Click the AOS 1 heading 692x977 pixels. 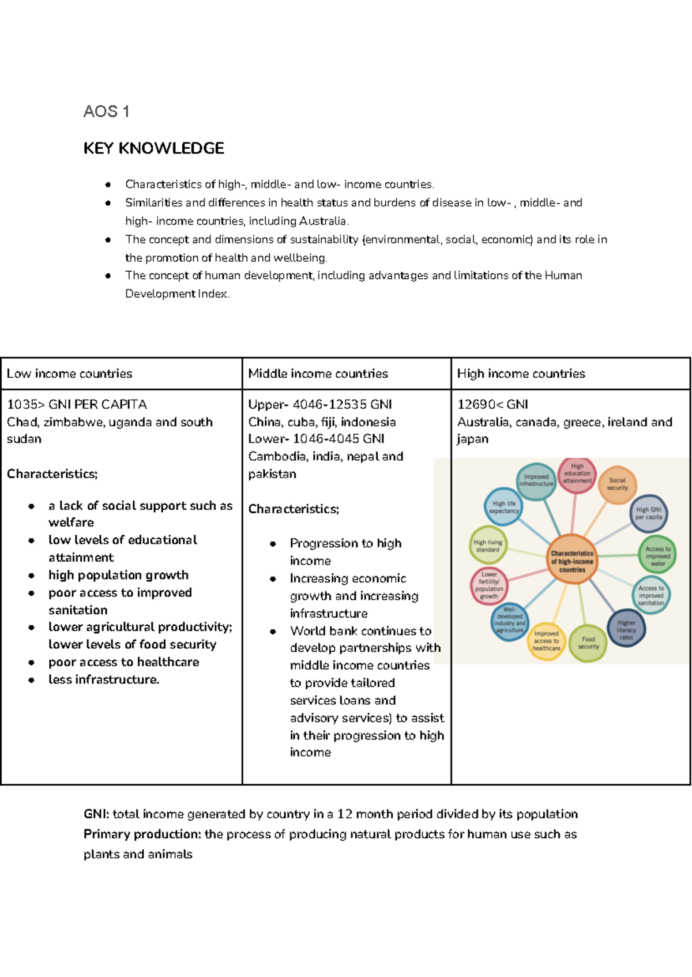click(106, 111)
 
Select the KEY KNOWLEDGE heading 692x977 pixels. click(153, 148)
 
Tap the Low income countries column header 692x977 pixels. click(69, 374)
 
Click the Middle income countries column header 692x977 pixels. click(318, 374)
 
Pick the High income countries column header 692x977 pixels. click(521, 374)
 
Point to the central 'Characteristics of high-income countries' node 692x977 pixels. click(571, 561)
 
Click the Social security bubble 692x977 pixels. click(617, 484)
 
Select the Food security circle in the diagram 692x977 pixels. click(588, 643)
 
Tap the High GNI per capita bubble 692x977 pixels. click(649, 513)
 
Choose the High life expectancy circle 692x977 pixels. click(504, 507)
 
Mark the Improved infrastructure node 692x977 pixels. click(536, 480)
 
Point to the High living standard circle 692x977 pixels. click(488, 546)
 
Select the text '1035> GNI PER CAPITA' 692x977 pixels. click(77, 404)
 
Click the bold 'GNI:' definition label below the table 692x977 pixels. click(96, 814)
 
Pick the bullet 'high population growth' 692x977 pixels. click(118, 575)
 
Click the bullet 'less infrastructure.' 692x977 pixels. click(104, 679)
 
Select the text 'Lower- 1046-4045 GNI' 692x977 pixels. click(316, 439)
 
